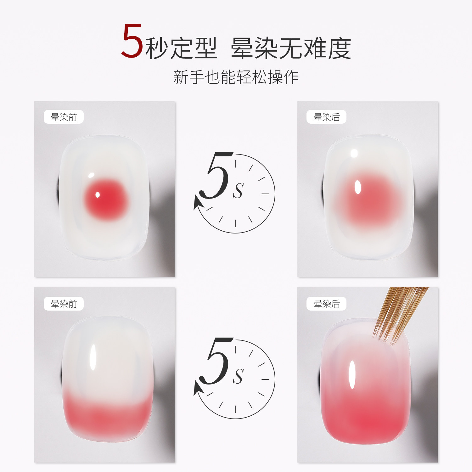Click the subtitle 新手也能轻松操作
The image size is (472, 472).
236,77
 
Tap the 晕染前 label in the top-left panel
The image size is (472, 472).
64,117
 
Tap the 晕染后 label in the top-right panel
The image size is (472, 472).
326,117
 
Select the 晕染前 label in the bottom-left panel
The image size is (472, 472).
64,304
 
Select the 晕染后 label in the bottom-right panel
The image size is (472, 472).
326,304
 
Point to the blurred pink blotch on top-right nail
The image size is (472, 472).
368,198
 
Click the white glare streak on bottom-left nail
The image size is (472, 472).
93,357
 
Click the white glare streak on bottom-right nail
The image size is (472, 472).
352,374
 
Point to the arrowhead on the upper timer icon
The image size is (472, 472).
198,203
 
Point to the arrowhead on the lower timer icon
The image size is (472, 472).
198,389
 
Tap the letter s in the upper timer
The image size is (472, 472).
238,190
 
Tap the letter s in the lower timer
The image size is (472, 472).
238,375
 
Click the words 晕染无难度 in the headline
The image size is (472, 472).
291,49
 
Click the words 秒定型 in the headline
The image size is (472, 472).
181,49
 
